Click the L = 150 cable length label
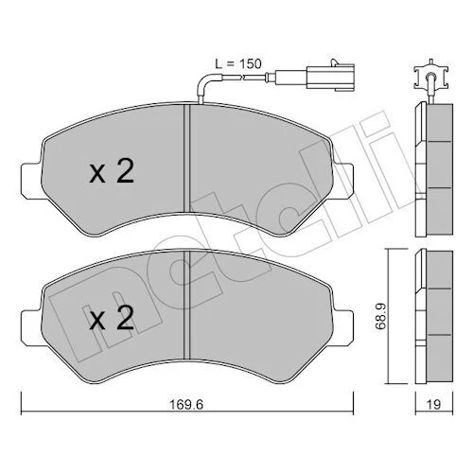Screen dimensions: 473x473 (x=238, y=64)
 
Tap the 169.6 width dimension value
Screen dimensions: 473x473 (x=186, y=404)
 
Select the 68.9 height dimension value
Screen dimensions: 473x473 (x=380, y=316)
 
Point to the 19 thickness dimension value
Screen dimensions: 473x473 (x=434, y=404)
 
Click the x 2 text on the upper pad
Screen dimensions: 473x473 (x=112, y=171)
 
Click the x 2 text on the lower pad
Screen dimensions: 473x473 (x=112, y=318)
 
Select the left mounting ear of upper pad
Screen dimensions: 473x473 (x=31, y=181)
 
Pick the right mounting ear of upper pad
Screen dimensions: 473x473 (x=342, y=181)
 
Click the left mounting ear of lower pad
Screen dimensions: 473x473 (x=31, y=328)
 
